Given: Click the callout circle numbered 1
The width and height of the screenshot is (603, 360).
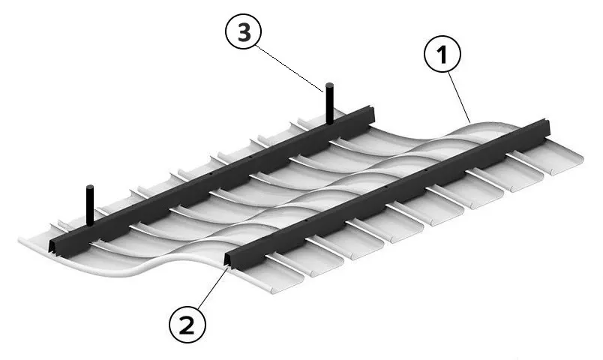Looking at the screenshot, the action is pyautogui.click(x=442, y=54).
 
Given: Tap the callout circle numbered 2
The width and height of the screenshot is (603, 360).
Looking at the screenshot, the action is pyautogui.click(x=187, y=326).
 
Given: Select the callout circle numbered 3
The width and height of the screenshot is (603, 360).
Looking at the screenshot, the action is pyautogui.click(x=244, y=31).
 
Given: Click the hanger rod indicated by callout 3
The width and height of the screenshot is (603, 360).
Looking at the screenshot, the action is pyautogui.click(x=329, y=103).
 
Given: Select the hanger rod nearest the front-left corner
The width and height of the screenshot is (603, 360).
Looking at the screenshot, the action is pyautogui.click(x=90, y=205).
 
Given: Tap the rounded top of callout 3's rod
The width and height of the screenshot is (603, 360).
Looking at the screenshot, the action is pyautogui.click(x=329, y=85).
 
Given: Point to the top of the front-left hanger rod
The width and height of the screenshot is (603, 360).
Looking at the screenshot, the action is pyautogui.click(x=90, y=187).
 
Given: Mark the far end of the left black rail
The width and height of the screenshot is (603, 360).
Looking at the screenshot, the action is pyautogui.click(x=371, y=113).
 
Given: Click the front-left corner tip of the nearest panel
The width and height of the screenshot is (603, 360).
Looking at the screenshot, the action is pyautogui.click(x=20, y=241).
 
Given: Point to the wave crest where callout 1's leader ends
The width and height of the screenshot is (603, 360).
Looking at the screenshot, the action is pyautogui.click(x=470, y=123).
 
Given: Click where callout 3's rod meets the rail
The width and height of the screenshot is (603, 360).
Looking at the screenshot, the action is pyautogui.click(x=329, y=123).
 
